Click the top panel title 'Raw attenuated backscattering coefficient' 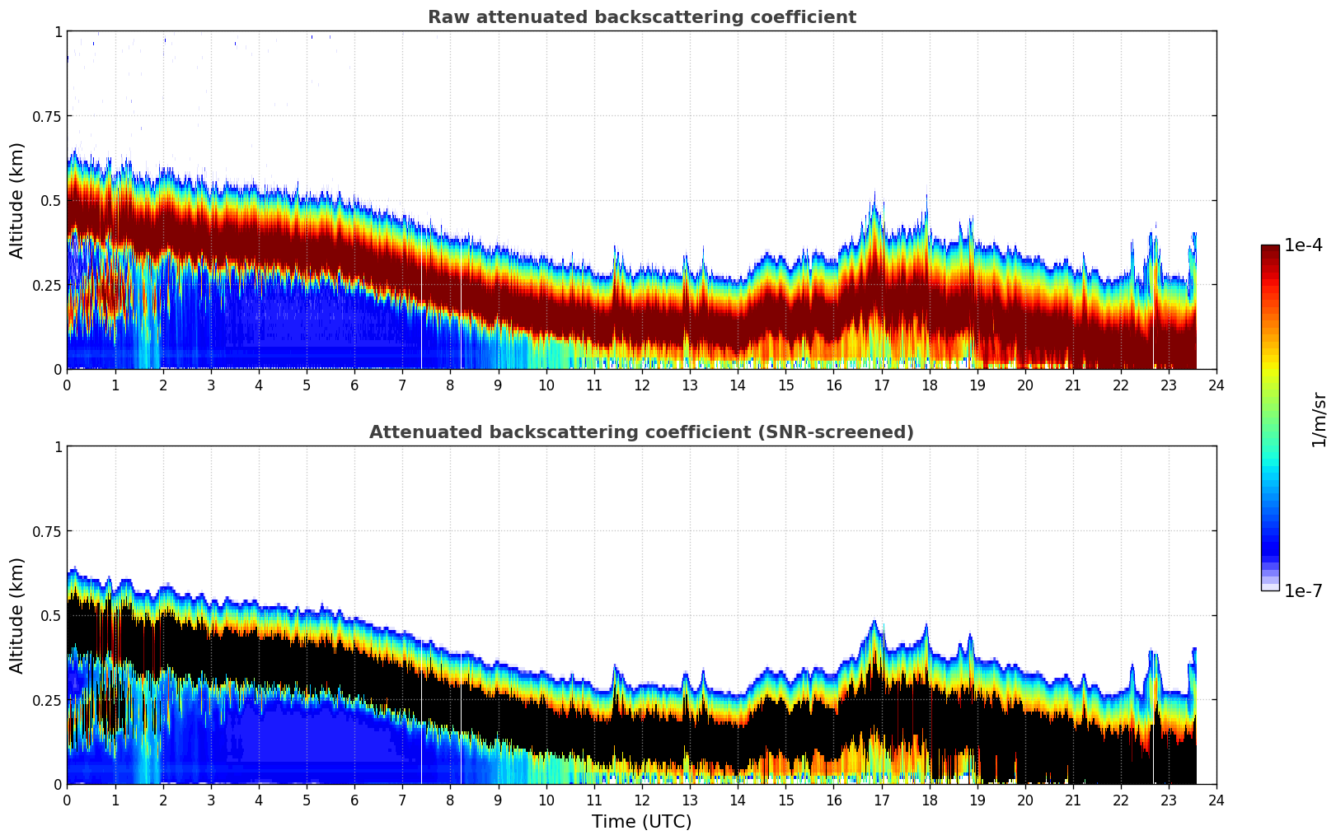point(641,17)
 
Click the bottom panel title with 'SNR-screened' point(641,432)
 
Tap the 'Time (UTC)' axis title point(641,822)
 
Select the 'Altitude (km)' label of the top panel point(17,200)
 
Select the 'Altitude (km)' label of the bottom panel point(17,615)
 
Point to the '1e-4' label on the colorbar point(1303,245)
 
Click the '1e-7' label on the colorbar point(1303,590)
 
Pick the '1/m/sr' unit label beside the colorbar point(1319,419)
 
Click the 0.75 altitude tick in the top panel point(47,116)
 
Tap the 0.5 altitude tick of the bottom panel point(52,615)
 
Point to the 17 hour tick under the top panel point(881,385)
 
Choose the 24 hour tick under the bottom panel point(1216,800)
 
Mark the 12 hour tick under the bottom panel point(641,800)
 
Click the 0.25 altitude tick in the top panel point(47,285)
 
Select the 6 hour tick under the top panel point(354,385)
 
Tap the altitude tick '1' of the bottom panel point(58,446)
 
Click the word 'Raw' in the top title point(445,17)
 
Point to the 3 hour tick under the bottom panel point(211,800)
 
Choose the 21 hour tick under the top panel point(1072,385)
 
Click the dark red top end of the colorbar point(1270,250)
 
